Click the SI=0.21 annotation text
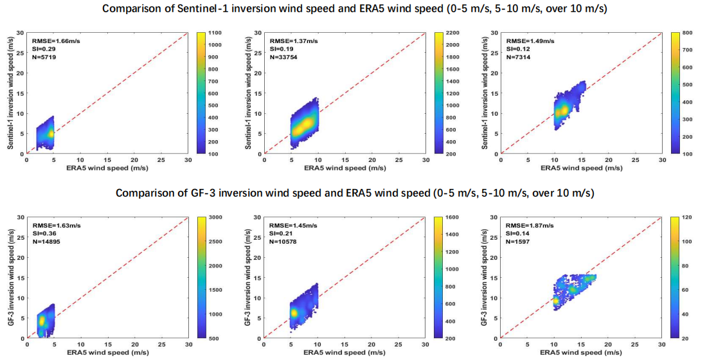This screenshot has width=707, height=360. (278, 234)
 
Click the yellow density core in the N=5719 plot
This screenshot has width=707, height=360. (50, 133)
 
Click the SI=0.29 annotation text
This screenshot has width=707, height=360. (45, 49)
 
